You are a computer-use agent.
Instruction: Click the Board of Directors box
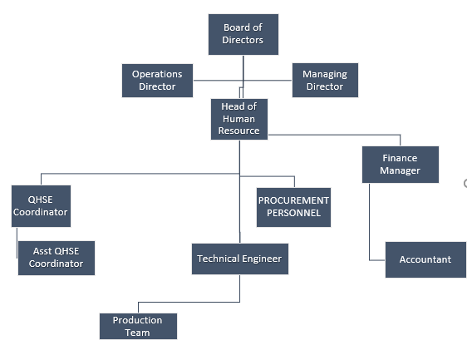click(243, 34)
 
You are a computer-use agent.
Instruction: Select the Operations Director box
click(157, 81)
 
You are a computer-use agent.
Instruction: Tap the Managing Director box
click(325, 80)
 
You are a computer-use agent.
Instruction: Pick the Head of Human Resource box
click(239, 119)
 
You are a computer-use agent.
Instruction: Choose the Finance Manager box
click(401, 165)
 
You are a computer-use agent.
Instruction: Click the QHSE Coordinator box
click(41, 206)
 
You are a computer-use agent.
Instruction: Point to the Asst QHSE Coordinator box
click(57, 258)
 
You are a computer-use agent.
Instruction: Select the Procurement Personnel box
click(293, 207)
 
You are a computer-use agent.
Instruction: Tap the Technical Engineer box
click(240, 259)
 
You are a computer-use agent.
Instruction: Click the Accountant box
click(425, 260)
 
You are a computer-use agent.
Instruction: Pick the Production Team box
click(138, 326)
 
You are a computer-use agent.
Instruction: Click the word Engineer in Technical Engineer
click(261, 259)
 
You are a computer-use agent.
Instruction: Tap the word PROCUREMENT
click(293, 200)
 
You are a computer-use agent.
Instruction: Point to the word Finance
click(400, 158)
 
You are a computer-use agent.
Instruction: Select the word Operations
click(157, 74)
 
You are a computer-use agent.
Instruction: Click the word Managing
click(325, 74)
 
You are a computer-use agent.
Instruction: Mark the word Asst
click(41, 251)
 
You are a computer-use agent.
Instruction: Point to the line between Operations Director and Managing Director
click(243, 80)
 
